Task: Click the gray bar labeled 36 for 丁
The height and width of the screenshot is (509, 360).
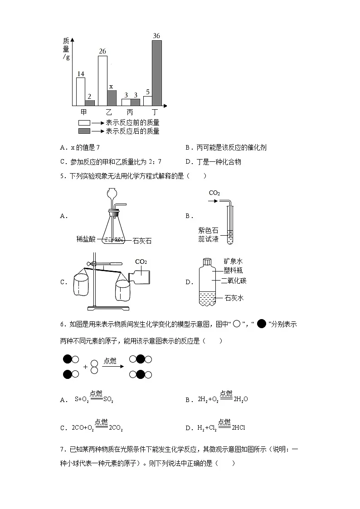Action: click(156, 73)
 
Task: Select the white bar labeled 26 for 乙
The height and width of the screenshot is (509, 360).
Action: click(102, 81)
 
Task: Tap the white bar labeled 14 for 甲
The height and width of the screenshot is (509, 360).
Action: click(80, 92)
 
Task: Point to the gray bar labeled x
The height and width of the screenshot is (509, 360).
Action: click(112, 98)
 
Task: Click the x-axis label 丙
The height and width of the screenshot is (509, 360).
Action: click(130, 112)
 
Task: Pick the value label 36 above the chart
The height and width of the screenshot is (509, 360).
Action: click(157, 36)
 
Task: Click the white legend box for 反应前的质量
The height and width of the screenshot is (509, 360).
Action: click(84, 123)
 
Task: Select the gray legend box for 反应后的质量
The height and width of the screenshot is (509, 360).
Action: click(84, 131)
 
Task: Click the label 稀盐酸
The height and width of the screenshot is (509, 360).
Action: click(86, 239)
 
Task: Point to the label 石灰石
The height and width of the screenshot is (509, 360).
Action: click(142, 241)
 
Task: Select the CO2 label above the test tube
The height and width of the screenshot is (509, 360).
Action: click(214, 193)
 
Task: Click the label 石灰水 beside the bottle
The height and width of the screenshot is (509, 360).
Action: click(234, 298)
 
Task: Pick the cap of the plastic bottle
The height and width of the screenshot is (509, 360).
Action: click(207, 262)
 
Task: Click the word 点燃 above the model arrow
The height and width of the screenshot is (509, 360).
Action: click(110, 360)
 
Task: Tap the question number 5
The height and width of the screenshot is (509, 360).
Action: click(62, 176)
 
